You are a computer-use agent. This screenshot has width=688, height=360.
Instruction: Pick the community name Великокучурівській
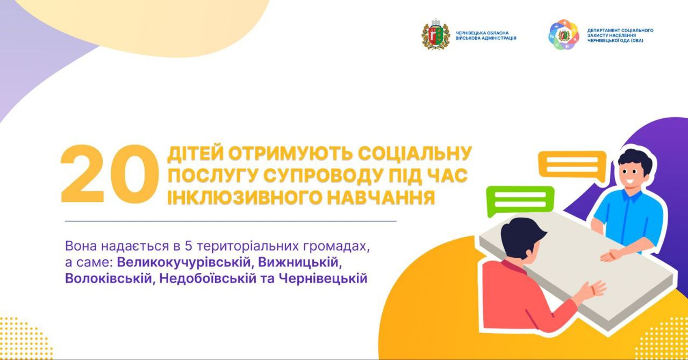click(184, 263)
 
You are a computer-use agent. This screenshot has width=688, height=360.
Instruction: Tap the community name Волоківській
click(109, 279)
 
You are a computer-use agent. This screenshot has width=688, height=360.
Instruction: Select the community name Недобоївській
click(208, 279)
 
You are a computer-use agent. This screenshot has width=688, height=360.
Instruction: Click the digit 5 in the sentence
click(188, 246)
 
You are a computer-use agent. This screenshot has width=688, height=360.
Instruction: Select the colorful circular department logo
click(564, 35)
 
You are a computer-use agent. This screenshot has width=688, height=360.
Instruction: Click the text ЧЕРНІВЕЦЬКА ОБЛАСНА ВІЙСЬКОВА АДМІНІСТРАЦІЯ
click(486, 35)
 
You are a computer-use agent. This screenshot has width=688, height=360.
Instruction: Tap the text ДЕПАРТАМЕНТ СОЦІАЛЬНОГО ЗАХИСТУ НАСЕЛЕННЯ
click(620, 33)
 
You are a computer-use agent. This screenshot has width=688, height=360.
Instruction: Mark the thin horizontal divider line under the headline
click(231, 221)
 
